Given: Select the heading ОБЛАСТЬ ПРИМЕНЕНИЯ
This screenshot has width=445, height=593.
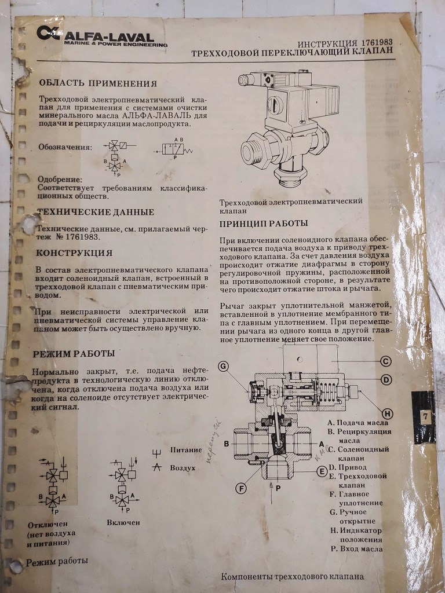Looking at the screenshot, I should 97,83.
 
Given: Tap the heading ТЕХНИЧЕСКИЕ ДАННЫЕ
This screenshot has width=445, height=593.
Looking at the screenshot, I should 96,212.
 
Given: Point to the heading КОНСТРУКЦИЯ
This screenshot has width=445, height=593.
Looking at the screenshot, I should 74,253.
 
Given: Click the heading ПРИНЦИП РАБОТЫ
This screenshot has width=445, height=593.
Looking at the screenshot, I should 264,224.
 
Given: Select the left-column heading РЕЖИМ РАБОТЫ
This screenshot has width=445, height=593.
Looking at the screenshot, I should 74,353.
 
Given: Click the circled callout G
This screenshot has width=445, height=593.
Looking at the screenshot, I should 224,366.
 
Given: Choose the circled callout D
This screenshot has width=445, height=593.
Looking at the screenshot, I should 386,380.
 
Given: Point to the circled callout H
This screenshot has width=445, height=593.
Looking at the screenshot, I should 387,413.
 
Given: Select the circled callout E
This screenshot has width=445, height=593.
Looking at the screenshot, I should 322,471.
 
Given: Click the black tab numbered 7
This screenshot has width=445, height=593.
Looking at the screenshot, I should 425,416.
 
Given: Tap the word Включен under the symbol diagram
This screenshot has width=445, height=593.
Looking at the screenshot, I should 123,522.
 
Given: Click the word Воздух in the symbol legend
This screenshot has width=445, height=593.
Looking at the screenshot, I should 185,467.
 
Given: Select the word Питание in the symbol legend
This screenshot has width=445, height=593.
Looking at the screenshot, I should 185,450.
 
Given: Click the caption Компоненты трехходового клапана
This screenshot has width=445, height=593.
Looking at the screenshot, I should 293,577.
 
